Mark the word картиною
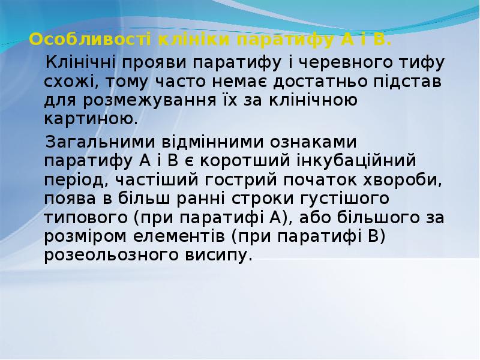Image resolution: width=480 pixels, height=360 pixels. click(81, 118)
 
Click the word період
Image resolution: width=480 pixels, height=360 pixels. click(76, 181)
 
